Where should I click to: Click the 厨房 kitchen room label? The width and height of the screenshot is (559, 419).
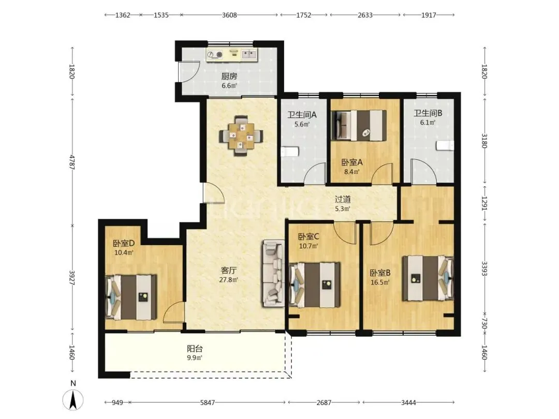229,76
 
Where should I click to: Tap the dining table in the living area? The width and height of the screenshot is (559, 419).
241,136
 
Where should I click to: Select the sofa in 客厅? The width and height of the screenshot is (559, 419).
274,273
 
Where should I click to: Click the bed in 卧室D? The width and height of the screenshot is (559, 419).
131,297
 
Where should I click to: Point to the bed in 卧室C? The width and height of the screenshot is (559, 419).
315,285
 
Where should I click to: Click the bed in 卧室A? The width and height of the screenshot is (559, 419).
359,125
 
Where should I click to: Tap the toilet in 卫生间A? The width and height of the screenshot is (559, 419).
289,152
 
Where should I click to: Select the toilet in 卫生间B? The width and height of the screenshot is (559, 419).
445,145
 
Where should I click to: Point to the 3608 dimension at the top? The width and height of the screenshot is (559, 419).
229,15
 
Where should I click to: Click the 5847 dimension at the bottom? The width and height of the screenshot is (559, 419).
208,402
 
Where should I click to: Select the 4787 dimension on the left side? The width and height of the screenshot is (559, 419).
72,162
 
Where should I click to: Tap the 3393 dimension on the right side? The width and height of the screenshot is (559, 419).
484,268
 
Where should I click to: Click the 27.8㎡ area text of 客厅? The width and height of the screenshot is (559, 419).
229,280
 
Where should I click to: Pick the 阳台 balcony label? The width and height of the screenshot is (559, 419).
195,349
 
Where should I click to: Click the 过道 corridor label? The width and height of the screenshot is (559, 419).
343,200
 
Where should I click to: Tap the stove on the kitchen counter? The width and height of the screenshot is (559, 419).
215,54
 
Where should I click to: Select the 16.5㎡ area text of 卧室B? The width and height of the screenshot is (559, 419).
380,282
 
